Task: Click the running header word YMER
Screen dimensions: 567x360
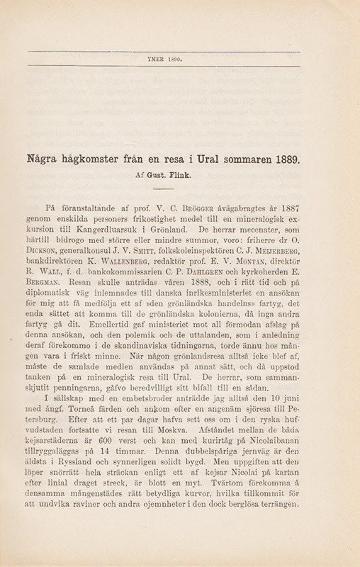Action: point(160,61)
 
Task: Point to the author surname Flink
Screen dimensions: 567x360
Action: point(189,172)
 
